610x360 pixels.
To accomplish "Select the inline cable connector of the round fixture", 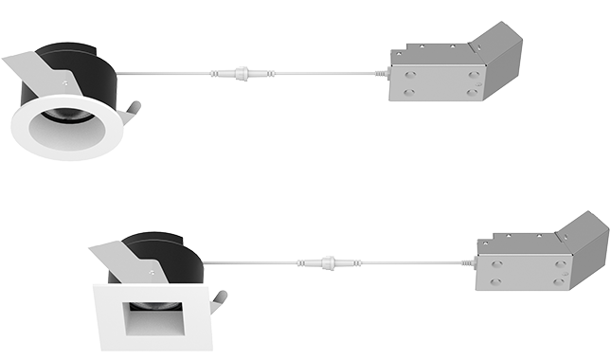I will pyautogui.click(x=233, y=72).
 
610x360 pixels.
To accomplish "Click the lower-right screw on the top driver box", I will pyautogui.click(x=471, y=93).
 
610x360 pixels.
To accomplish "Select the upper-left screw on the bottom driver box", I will pyautogui.click(x=496, y=262).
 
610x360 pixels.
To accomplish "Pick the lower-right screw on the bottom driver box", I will pyautogui.click(x=558, y=281).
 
